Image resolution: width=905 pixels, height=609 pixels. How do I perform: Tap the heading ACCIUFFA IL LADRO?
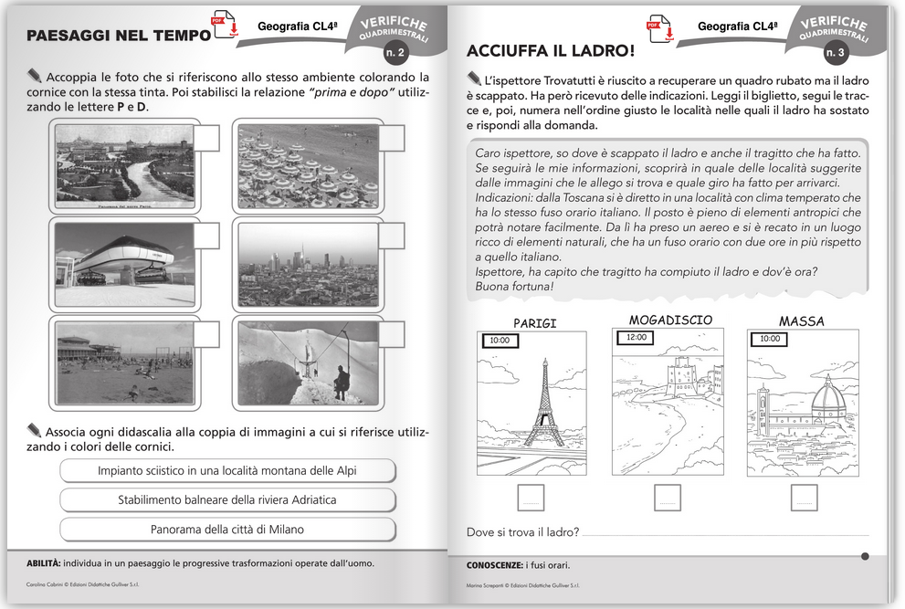550,49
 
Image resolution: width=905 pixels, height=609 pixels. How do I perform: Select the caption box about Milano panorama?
227,529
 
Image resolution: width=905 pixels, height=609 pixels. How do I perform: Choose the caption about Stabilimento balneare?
227,499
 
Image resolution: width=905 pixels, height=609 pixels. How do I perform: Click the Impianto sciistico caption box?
227,470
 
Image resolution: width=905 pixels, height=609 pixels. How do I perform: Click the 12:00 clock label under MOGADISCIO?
636,337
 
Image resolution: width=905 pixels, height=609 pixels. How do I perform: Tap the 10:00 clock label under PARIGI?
499,340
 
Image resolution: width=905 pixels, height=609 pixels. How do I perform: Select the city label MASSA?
801,321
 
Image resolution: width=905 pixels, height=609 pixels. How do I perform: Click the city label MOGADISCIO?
670,320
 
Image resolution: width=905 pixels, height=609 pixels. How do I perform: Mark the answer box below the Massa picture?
804,498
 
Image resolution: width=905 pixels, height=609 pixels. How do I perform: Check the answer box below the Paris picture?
531,498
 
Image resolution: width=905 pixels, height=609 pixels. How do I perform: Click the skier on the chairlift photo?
341,381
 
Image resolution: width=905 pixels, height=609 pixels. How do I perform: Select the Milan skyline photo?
308,264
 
